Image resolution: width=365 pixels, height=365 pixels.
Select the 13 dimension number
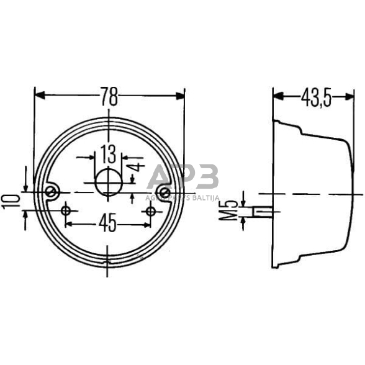[x=107, y=151]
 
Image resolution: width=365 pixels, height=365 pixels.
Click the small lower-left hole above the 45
[x=66, y=212]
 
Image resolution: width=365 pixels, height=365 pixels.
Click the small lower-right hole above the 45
[x=150, y=212]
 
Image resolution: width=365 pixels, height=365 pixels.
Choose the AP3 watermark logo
[x=183, y=179]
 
